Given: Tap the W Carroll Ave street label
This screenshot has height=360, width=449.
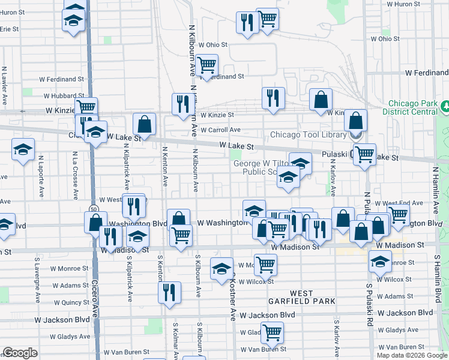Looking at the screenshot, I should (x=220, y=130).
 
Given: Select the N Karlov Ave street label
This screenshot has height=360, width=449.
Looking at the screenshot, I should (x=332, y=181).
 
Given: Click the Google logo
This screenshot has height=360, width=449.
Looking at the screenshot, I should (x=20, y=353).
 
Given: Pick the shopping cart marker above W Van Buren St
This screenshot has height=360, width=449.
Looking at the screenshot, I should (x=273, y=331).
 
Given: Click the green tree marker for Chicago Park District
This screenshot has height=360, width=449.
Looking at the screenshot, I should (x=446, y=107).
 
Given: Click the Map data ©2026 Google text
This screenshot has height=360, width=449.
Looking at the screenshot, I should (x=412, y=355).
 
